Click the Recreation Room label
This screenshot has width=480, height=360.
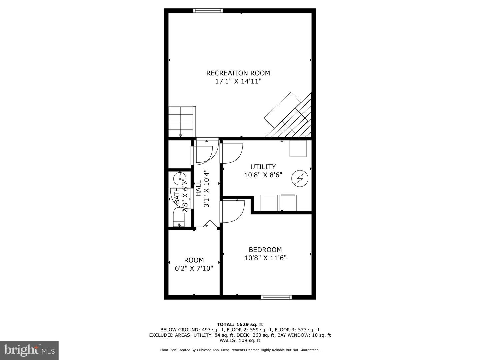click(x=238, y=73)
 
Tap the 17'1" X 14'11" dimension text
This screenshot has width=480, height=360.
click(x=238, y=81)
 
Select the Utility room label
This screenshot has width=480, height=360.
click(x=263, y=167)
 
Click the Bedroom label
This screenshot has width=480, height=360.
click(x=265, y=250)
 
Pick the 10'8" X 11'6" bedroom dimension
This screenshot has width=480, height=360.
click(x=265, y=258)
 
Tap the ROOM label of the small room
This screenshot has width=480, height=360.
click(x=194, y=260)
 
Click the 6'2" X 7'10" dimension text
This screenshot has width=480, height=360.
click(x=194, y=268)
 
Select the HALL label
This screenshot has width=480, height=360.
click(x=198, y=188)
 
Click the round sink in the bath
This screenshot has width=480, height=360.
click(x=180, y=178)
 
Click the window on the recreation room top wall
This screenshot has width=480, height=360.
click(x=208, y=11)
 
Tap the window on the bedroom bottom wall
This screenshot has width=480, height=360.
click(x=276, y=297)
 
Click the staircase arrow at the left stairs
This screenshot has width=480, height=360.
click(x=181, y=135)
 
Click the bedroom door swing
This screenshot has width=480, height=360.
click(x=233, y=211)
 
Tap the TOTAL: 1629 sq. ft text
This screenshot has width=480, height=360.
click(x=240, y=324)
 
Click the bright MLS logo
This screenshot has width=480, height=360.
click(x=29, y=350)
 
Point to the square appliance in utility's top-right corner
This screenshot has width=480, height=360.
click(x=298, y=148)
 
